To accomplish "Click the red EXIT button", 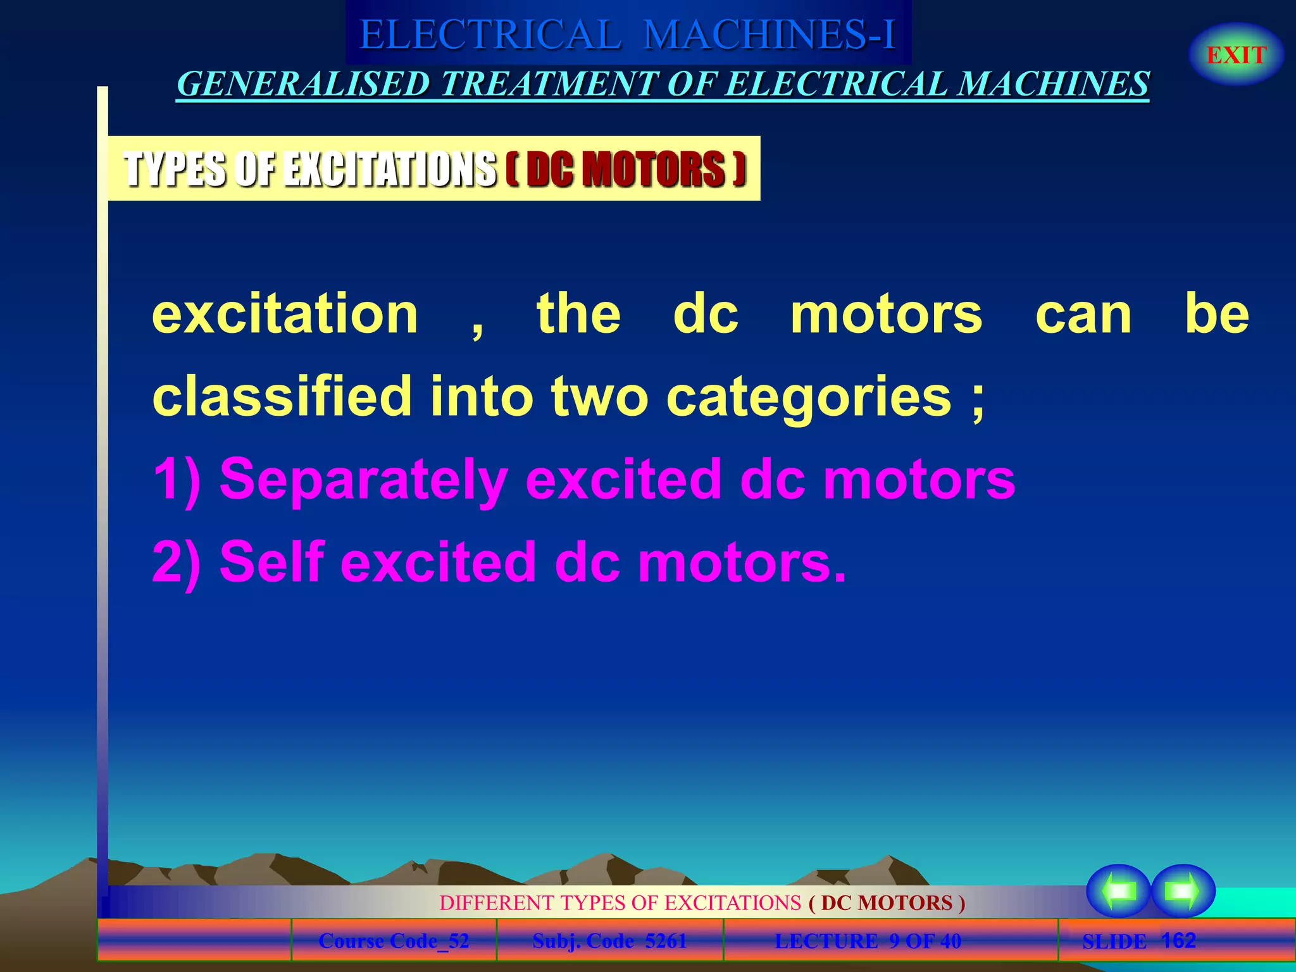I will coord(1236,55).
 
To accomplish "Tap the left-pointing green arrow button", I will coord(1118,891).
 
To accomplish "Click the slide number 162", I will coord(1178,940).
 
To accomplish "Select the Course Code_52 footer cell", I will coord(394,941).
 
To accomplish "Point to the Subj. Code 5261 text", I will coord(609,941).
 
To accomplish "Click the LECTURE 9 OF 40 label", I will coord(868,941).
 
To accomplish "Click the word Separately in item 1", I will coord(363,480).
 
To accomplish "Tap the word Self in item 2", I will coord(272,562).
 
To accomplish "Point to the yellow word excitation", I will coord(285,314).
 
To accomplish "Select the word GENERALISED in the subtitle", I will coord(304,84).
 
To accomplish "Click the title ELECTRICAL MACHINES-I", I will coord(628,34).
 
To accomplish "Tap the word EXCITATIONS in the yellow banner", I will coord(389,169).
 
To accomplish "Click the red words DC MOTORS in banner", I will coord(626,169).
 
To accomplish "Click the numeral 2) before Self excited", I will coord(177,562).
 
